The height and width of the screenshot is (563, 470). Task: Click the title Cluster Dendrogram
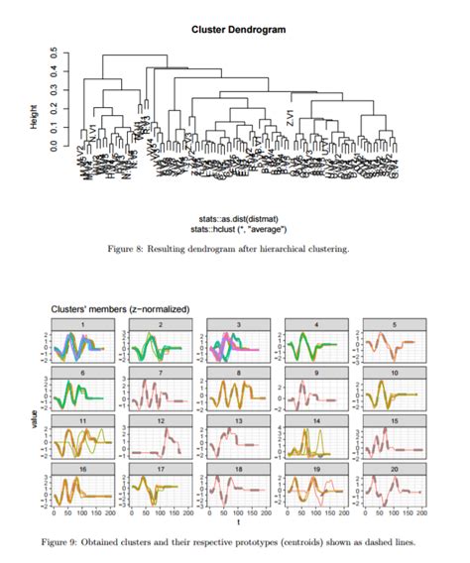(238, 30)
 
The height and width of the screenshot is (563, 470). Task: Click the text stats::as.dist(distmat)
(238, 219)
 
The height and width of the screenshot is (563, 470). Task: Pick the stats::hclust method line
(238, 229)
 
